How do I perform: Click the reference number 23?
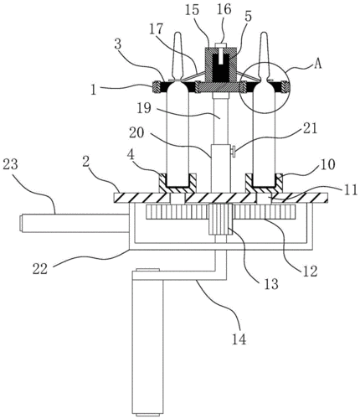[x=10, y=165]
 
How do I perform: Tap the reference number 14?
[x=239, y=339]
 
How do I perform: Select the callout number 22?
[x=40, y=270]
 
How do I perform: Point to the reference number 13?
[x=270, y=284]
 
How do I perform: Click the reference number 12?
[x=310, y=271]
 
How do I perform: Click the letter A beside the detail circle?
[x=317, y=64]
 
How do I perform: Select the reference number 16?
[x=224, y=10]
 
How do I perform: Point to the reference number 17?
[x=157, y=30]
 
